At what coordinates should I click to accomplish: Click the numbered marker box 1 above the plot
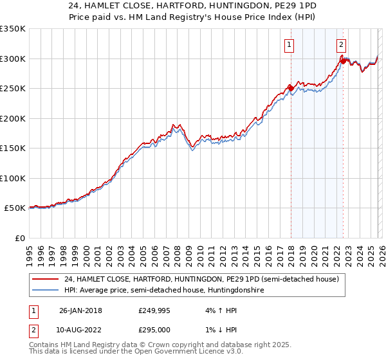[289, 44]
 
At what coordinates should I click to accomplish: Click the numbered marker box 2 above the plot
[341, 44]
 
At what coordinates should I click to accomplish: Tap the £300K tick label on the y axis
[13, 59]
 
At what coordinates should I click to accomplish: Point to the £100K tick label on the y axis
[13, 178]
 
